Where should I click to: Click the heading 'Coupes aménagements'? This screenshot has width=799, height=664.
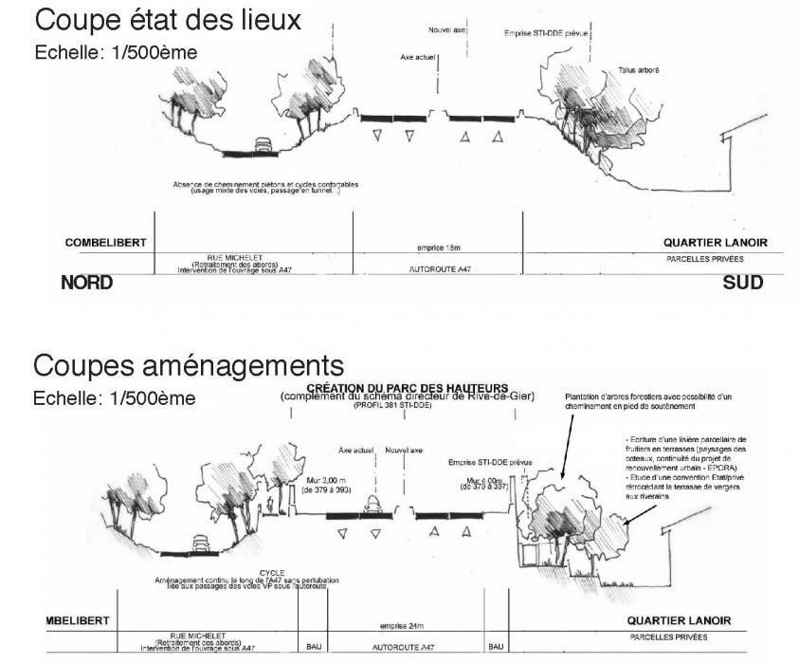[187, 365]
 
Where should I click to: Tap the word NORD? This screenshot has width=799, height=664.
[87, 283]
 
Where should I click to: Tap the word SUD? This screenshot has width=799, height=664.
[742, 283]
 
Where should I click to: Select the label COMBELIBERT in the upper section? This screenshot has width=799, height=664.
[105, 243]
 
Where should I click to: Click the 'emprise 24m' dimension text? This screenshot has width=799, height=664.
[399, 627]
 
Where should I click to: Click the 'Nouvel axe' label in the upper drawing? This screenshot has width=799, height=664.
[447, 30]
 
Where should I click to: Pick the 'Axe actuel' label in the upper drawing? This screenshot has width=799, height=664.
[420, 58]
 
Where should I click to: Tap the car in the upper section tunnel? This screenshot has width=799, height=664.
[263, 144]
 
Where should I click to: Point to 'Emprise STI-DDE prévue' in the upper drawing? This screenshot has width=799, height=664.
[547, 34]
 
